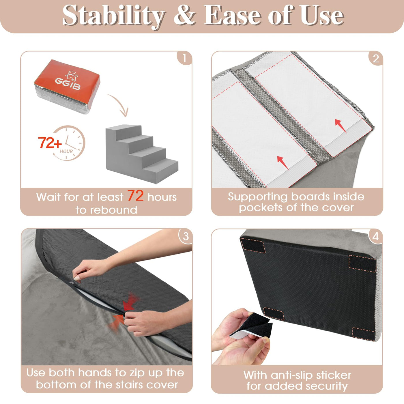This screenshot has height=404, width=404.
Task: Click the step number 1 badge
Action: click(184, 58)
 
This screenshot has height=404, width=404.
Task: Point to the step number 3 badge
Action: click(185, 236)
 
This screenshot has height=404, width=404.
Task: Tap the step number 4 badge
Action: click(375, 237)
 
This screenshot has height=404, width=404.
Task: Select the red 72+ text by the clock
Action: click(50, 143)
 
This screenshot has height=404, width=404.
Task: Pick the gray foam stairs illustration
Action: click(142, 154)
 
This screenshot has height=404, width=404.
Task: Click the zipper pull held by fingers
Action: click(72, 283)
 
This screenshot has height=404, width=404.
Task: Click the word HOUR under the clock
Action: click(66, 151)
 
